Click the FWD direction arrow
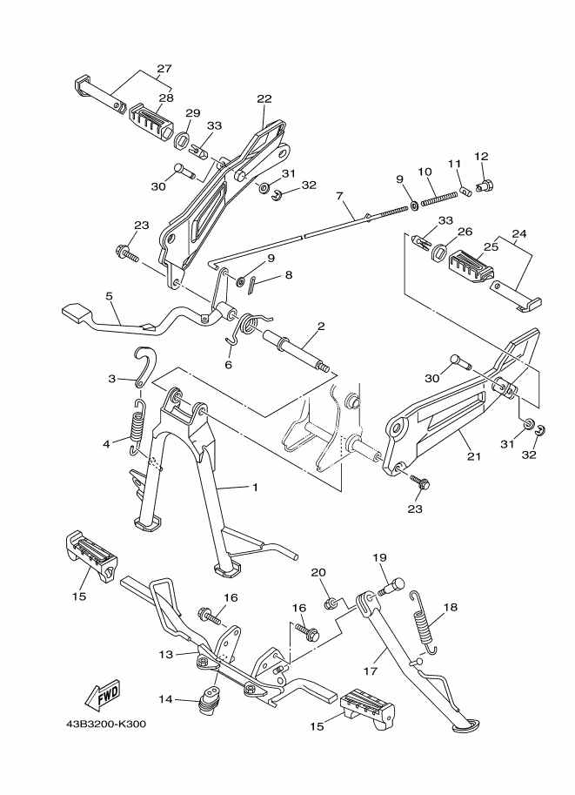[102, 694]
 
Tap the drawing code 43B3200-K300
[105, 723]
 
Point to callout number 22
[264, 98]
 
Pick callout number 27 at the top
[164, 69]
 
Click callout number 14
[164, 698]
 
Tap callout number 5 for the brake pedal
[109, 295]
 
